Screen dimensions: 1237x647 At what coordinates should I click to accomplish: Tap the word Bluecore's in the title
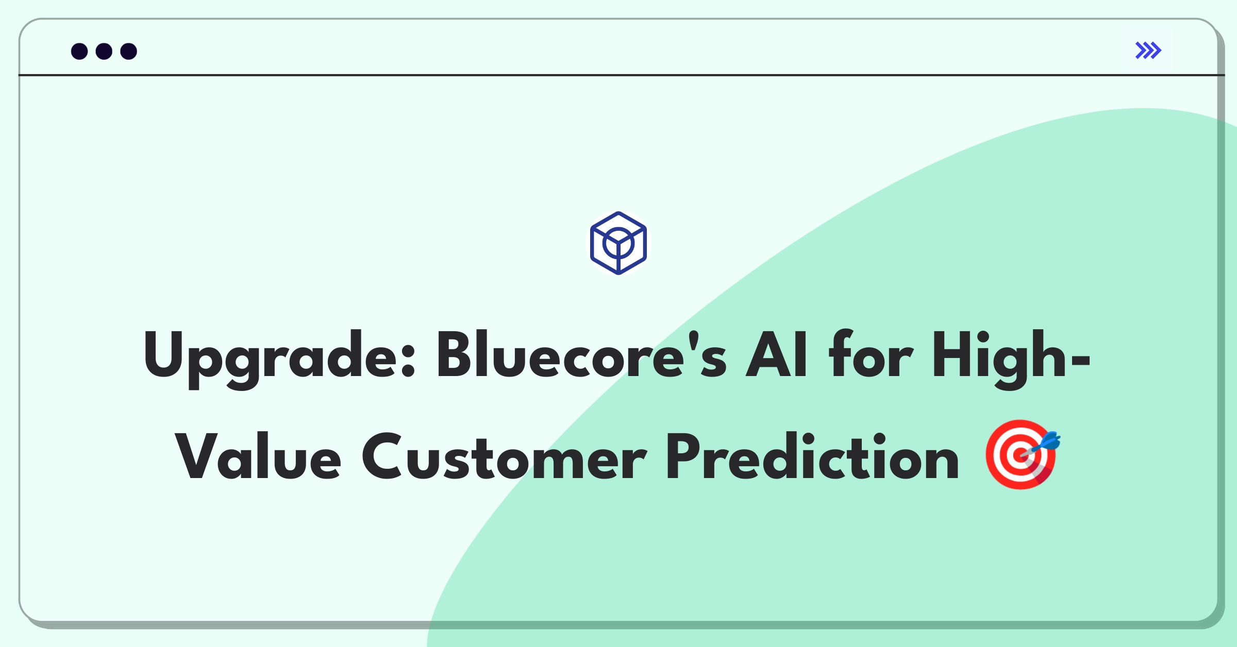582,354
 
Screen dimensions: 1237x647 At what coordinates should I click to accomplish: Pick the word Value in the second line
258,456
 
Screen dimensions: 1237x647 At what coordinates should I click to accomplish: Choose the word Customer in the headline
504,456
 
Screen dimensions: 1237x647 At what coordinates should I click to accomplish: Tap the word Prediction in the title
813,456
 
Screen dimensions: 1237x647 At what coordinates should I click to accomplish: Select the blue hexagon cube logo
618,243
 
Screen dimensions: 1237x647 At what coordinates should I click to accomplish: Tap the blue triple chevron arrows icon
1148,50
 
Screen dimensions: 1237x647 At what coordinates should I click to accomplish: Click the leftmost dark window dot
79,52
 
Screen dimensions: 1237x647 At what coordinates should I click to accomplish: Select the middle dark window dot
104,52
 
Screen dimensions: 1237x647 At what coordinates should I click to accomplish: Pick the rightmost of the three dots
129,52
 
